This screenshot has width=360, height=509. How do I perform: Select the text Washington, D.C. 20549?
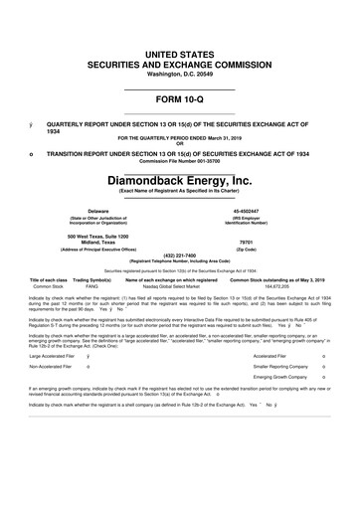(179, 75)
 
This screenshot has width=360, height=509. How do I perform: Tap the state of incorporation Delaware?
(98, 211)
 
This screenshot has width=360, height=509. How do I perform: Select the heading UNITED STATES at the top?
(179, 51)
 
